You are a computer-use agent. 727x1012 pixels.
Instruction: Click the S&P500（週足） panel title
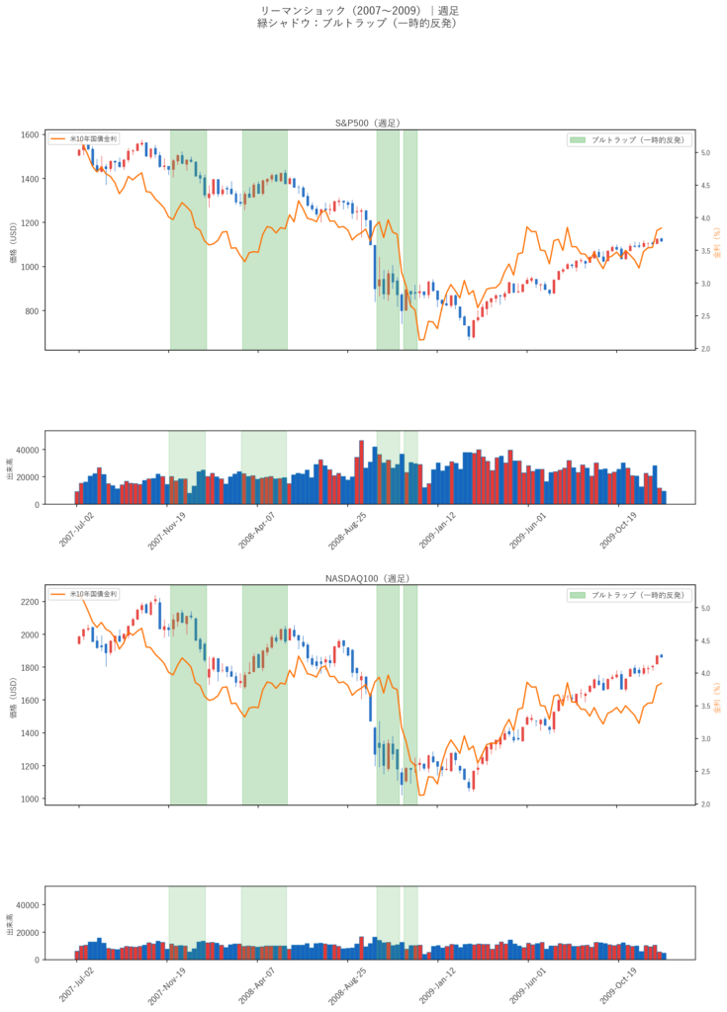(367, 123)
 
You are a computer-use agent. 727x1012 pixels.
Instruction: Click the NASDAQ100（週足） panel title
(367, 578)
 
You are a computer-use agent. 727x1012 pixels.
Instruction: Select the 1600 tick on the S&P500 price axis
(32, 134)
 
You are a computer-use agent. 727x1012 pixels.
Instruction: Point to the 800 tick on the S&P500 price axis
(34, 311)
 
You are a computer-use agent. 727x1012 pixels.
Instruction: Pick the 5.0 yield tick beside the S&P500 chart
(706, 153)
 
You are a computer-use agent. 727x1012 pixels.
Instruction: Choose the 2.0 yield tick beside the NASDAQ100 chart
(706, 804)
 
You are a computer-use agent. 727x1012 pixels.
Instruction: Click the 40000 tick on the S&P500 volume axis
(27, 450)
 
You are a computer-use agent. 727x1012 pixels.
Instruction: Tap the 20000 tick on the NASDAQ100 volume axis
(27, 932)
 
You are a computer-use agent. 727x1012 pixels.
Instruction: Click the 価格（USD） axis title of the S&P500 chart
(13, 241)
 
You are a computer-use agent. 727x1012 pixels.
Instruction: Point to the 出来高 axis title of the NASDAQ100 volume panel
(10, 930)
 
